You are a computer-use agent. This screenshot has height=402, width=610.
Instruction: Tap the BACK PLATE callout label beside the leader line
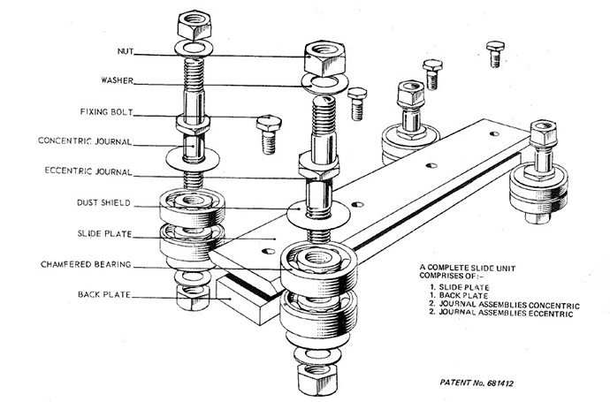[99, 294]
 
